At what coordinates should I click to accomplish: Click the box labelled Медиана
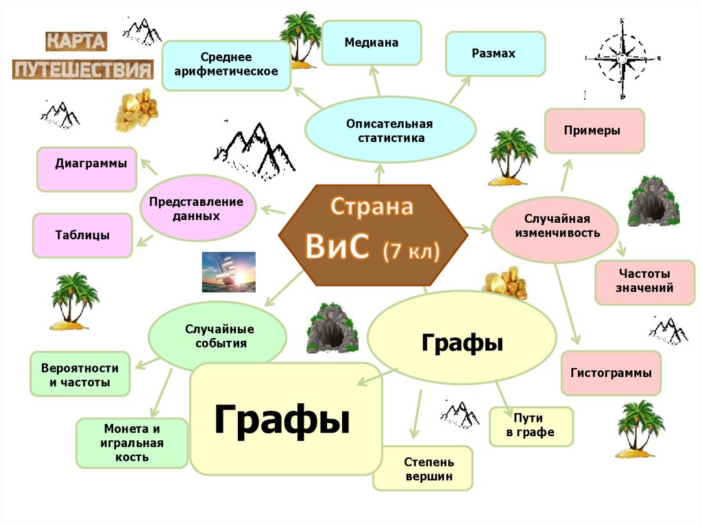click(x=372, y=43)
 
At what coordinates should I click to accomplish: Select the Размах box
click(x=495, y=53)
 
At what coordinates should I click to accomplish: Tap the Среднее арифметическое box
click(x=225, y=65)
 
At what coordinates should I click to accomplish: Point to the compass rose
click(x=621, y=59)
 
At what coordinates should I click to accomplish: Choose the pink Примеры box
click(x=594, y=130)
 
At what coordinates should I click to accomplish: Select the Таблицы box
click(x=82, y=235)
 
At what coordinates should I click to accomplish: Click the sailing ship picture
click(x=228, y=272)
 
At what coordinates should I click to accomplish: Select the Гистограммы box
click(x=610, y=373)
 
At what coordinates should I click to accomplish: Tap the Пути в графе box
click(x=530, y=426)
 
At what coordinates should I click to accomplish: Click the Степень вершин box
click(x=422, y=469)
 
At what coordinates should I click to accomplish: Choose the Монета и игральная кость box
click(x=132, y=442)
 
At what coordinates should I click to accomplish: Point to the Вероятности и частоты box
click(x=80, y=374)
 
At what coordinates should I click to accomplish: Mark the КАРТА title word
click(x=76, y=41)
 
